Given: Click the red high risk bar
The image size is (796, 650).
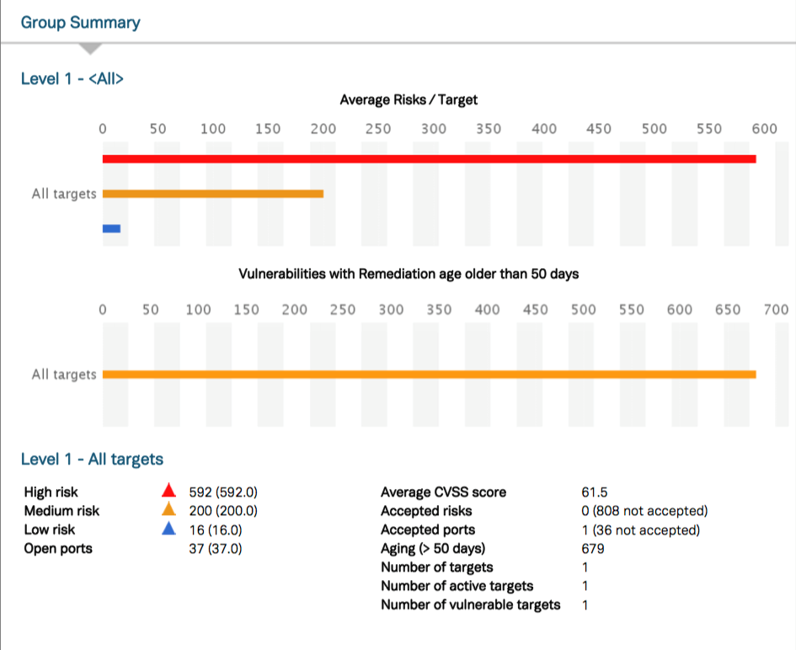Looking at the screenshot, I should click(429, 158).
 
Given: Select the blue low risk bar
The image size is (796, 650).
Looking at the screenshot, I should click(111, 228).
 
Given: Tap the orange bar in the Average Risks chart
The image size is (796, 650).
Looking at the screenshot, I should click(213, 193).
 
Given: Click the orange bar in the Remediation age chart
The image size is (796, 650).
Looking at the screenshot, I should click(429, 374).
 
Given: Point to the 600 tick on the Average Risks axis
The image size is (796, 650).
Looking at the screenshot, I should click(765, 129).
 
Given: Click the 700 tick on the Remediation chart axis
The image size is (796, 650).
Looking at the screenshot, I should click(776, 309).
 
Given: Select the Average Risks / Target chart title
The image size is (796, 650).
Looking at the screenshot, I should click(409, 99).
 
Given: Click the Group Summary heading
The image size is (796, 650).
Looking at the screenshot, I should click(81, 23).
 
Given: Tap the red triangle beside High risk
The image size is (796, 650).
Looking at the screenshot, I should click(168, 491).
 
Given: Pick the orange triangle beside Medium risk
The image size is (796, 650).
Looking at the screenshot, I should click(168, 509).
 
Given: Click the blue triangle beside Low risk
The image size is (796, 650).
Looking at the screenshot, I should click(168, 529).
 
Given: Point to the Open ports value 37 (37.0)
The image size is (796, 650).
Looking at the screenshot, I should click(223, 549).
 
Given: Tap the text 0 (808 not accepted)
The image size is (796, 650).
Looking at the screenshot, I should click(638, 511).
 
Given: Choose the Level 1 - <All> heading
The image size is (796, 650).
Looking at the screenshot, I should click(72, 79).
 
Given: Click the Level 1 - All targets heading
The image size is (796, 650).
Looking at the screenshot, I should click(92, 459).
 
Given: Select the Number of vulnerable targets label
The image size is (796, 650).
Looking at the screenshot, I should click(470, 604).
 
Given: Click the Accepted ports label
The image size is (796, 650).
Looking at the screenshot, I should click(428, 530).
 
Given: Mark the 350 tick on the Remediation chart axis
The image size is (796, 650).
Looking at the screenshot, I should click(439, 309).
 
